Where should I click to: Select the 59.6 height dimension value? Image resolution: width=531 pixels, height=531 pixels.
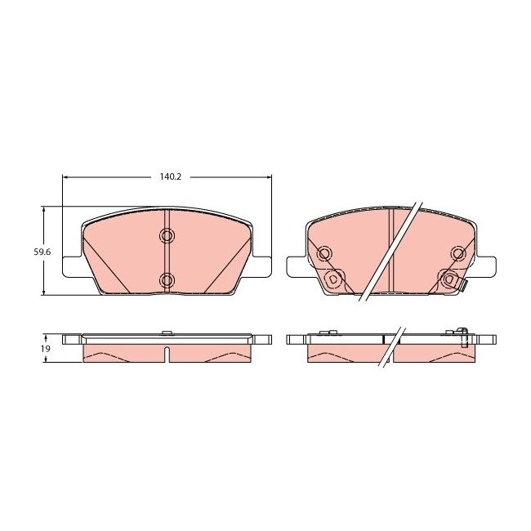tap(42, 252)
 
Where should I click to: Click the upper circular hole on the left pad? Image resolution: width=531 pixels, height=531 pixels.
tap(167, 237)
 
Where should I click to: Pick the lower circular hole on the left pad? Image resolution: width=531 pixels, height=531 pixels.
tap(167, 280)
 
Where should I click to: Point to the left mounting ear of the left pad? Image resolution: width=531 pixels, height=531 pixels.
tap(72, 266)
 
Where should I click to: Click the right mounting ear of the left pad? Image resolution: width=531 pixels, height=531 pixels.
tap(261, 266)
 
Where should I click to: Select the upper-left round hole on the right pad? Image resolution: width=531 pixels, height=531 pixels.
tap(324, 254)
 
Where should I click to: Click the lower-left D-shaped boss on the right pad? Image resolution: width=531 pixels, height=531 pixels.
tap(332, 279)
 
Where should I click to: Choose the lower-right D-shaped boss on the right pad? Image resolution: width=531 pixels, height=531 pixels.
tap(448, 279)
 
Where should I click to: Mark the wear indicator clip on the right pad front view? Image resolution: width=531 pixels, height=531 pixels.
tap(463, 286)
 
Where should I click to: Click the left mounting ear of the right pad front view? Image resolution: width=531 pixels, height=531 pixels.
tap(297, 266)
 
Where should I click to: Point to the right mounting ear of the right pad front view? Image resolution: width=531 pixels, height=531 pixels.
tap(485, 266)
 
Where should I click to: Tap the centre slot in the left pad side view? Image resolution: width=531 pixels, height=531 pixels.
tap(167, 355)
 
